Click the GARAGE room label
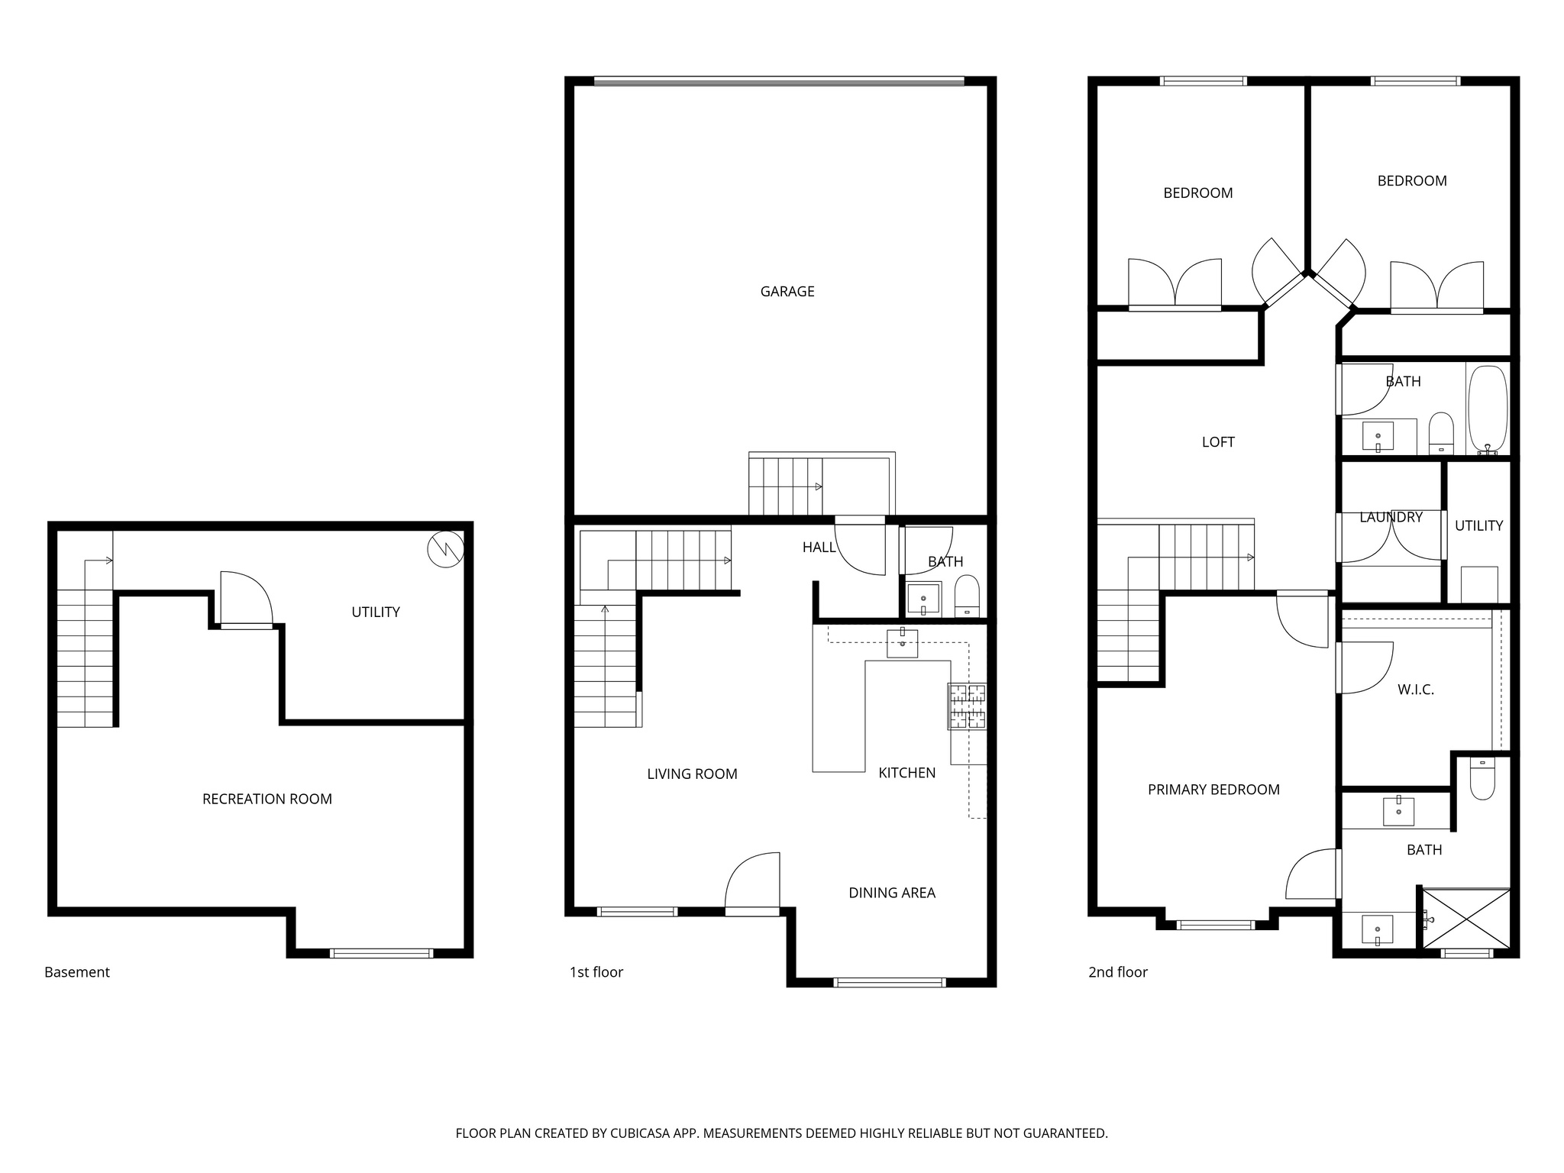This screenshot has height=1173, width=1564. tap(787, 291)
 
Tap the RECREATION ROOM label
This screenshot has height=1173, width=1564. tap(267, 799)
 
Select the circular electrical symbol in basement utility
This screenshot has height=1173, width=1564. tap(445, 549)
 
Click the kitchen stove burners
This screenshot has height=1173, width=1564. tap(967, 706)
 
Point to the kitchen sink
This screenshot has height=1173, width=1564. tap(902, 644)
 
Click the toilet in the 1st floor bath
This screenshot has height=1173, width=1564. tap(967, 596)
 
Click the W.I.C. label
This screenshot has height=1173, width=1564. tap(1415, 690)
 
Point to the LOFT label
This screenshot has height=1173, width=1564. tap(1217, 442)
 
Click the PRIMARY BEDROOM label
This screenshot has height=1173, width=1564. tap(1213, 790)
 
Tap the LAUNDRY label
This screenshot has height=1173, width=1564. tap(1390, 517)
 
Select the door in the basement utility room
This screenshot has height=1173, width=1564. tap(246, 599)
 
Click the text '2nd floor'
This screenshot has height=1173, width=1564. tap(1117, 972)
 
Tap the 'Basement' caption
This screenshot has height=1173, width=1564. tap(77, 972)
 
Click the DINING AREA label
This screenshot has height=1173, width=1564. tap(891, 893)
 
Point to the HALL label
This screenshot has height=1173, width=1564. tap(819, 547)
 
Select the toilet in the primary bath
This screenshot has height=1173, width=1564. tap(1482, 779)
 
